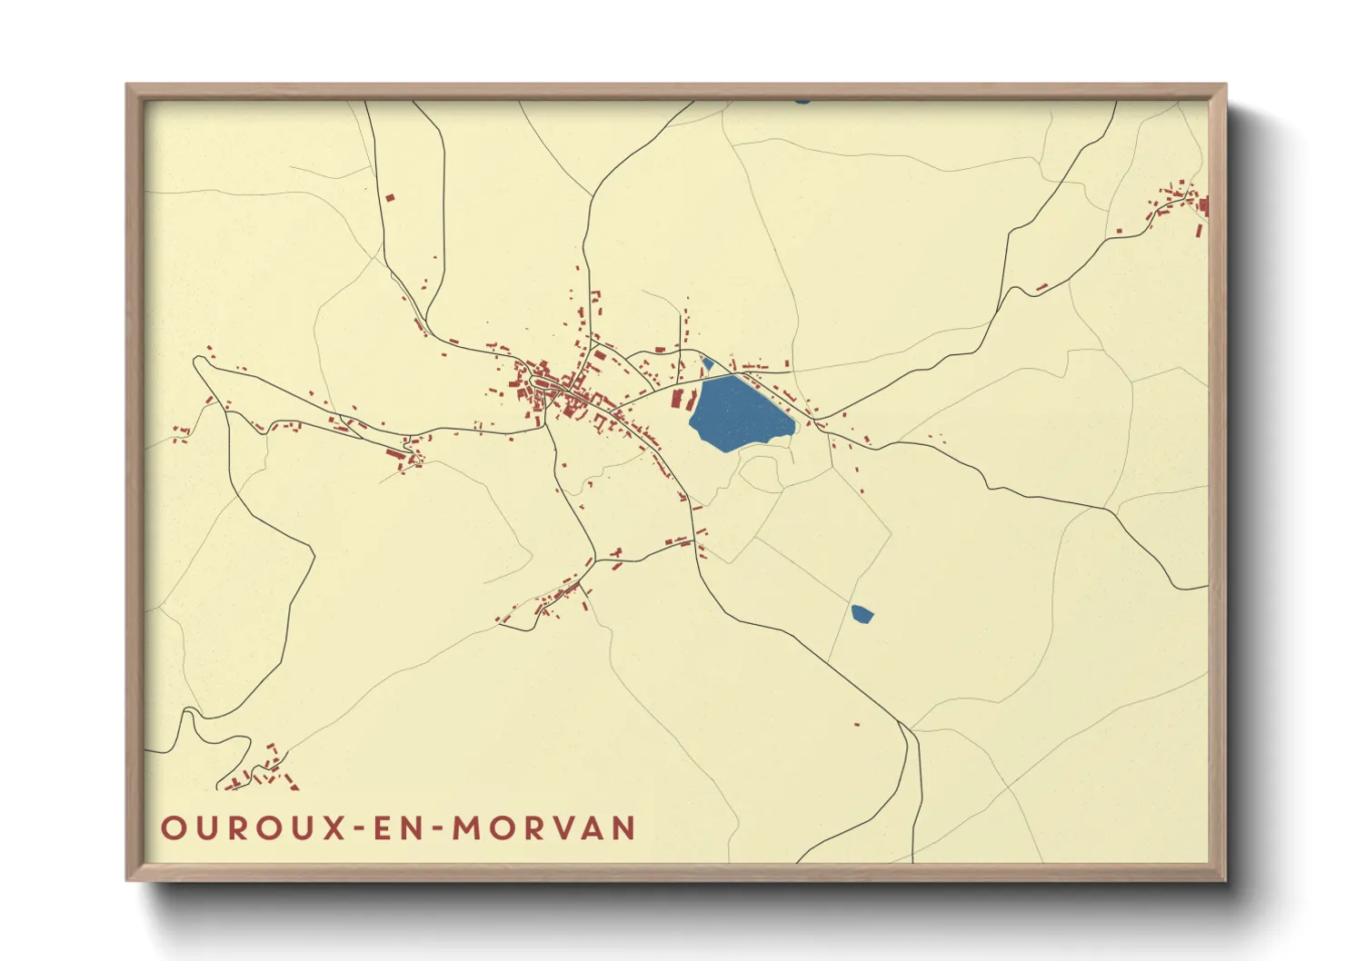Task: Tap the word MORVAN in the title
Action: pos(544,828)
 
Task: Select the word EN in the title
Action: pos(399,828)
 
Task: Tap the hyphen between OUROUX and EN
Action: pos(360,829)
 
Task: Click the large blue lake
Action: pos(738,413)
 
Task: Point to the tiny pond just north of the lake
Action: pos(707,363)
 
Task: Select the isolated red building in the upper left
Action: pos(390,196)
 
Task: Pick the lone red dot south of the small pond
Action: pos(856,724)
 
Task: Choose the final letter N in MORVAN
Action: pos(623,828)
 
